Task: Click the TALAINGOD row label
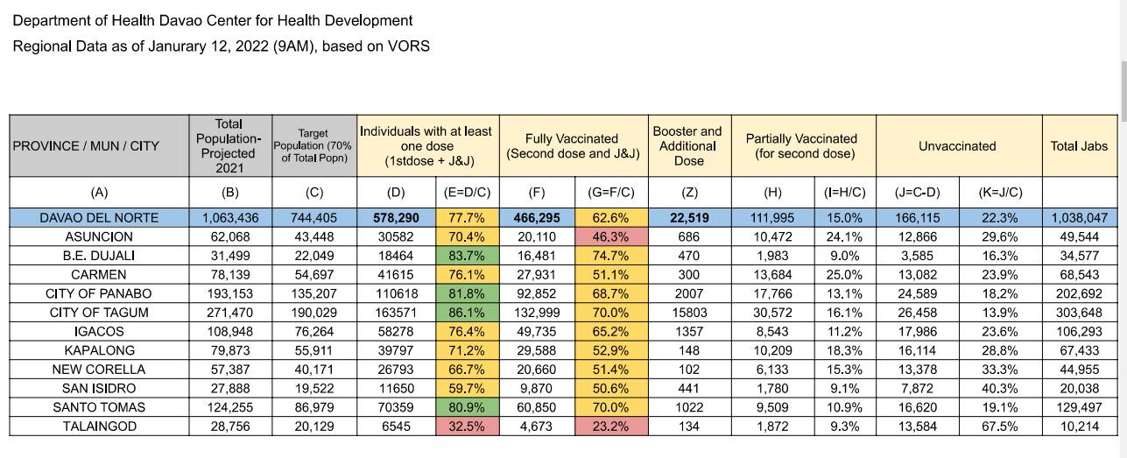pos(99,426)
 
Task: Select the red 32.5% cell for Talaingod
pos(468,426)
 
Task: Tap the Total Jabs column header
pos(1079,146)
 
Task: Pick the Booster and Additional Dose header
pos(688,146)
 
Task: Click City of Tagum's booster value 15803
pos(689,313)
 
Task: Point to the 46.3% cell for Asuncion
pos(611,236)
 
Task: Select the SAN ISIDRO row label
pos(99,389)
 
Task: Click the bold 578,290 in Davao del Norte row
pos(396,218)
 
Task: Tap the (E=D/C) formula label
pos(467,193)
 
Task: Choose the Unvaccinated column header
pos(957,146)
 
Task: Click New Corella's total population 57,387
pos(230,370)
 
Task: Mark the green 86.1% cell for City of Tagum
pos(468,313)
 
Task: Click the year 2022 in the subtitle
pos(251,46)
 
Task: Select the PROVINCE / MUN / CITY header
pos(86,146)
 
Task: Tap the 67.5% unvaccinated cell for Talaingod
pos(1000,426)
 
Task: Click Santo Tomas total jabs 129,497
pos(1079,407)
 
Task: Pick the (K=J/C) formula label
pos(1000,193)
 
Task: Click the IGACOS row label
pos(99,332)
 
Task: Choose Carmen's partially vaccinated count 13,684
pos(772,275)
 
